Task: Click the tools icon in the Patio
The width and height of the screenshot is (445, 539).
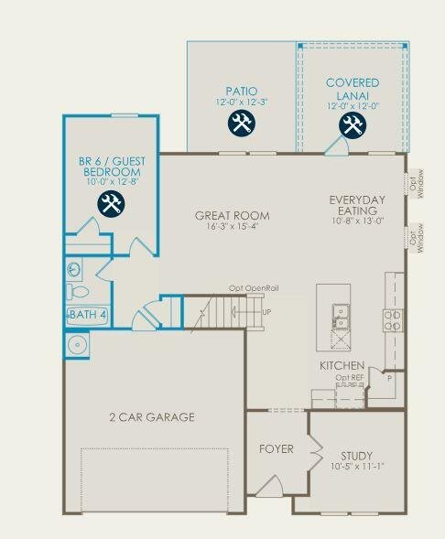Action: (x=241, y=124)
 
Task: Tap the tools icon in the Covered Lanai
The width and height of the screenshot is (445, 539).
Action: (x=353, y=124)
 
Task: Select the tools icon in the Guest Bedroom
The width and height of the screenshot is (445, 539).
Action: (x=111, y=205)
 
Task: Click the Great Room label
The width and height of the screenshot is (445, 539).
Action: (x=232, y=216)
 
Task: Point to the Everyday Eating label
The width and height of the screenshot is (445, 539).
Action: (x=358, y=206)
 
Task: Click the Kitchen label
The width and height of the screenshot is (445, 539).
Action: (x=342, y=366)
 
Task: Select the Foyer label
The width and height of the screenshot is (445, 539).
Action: (x=277, y=449)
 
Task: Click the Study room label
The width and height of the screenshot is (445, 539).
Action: (x=356, y=455)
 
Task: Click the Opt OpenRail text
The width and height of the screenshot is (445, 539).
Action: (x=254, y=289)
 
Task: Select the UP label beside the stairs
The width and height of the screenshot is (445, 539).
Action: (x=266, y=312)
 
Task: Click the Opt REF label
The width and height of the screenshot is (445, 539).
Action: (x=349, y=378)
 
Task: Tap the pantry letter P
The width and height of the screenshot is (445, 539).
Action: (x=389, y=377)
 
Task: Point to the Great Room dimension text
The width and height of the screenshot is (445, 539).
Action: (x=232, y=227)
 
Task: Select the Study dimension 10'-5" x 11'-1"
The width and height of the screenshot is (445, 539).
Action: (x=356, y=466)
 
